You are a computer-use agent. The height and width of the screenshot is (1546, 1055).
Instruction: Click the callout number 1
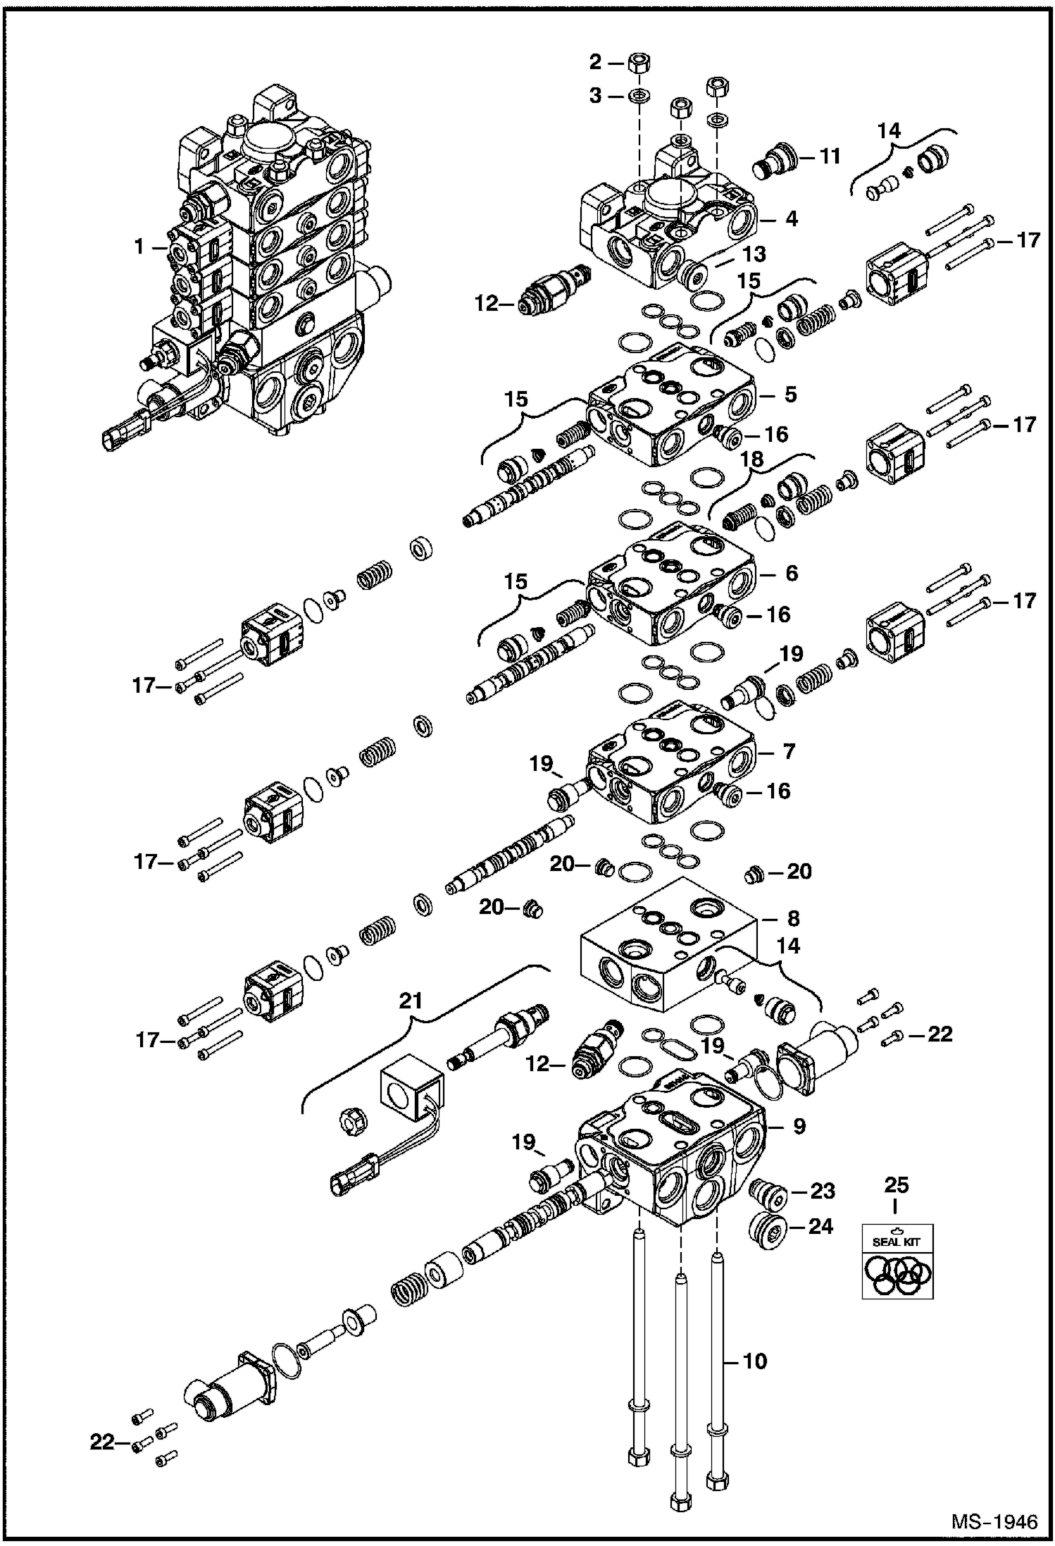(x=139, y=247)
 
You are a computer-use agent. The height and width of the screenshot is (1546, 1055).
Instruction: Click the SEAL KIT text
(x=897, y=1241)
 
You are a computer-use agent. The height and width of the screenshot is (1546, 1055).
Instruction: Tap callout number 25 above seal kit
(x=895, y=1185)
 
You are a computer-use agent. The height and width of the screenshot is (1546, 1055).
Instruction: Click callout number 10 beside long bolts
(x=754, y=1361)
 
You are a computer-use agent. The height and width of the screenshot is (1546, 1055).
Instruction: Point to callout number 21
(x=411, y=1001)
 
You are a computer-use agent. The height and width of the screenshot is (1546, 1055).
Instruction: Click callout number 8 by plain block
(x=793, y=918)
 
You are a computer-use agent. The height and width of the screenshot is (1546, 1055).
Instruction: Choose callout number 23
(x=822, y=1192)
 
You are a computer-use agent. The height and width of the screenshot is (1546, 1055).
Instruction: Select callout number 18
(x=751, y=459)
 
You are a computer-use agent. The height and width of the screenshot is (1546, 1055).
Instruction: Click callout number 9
(x=799, y=1126)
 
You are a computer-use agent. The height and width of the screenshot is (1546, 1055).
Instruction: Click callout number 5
(x=790, y=394)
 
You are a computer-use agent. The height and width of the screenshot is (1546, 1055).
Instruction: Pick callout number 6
(x=791, y=574)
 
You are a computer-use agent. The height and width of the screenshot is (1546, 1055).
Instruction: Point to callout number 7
(x=788, y=751)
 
